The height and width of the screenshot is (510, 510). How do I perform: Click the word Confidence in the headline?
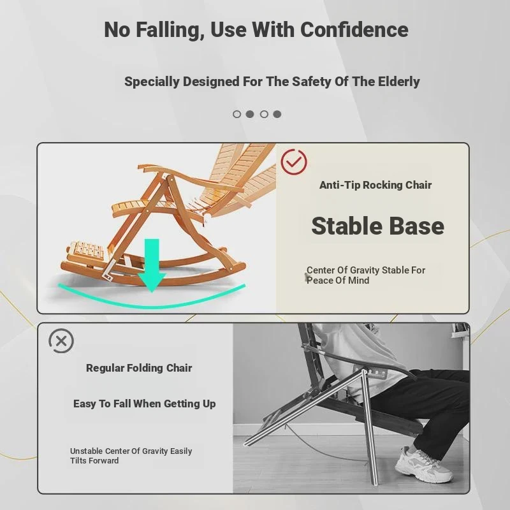(x=354, y=29)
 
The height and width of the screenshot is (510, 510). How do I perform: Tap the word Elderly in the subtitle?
(x=399, y=82)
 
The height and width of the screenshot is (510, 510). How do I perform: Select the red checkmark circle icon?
(x=294, y=162)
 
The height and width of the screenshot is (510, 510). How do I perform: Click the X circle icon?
(x=61, y=341)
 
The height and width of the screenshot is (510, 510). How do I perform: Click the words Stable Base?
(x=377, y=226)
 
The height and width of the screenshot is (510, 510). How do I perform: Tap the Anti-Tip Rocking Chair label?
(x=375, y=185)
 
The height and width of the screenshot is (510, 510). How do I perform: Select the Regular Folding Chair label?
(x=139, y=368)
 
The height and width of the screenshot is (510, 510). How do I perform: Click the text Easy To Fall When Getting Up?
(x=145, y=404)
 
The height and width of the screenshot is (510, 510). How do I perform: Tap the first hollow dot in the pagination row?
(x=237, y=114)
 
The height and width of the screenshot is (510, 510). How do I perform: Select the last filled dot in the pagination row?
(x=277, y=114)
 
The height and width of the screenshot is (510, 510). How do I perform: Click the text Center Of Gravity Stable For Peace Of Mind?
(x=365, y=275)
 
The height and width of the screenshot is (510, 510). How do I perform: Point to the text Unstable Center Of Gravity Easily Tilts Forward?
(x=131, y=456)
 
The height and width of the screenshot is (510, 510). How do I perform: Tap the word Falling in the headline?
(x=170, y=30)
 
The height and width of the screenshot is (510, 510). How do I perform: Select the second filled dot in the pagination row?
(x=277, y=114)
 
